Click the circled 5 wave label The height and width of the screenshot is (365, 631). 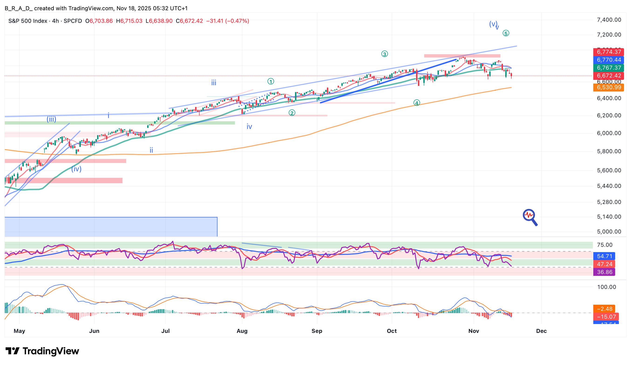pos(505,33)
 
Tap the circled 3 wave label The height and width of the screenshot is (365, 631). pos(384,54)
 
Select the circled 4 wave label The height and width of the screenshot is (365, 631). pos(416,103)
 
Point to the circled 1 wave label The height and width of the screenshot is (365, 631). pos(271,81)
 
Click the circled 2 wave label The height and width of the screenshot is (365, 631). pos(292,113)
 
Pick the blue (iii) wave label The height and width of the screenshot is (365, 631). pos(51,119)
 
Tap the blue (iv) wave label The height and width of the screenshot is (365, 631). pos(76,169)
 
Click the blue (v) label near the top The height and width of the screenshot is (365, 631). pos(493,24)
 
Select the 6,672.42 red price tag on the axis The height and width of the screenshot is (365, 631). pos(609,76)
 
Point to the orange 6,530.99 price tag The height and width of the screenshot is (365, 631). pos(609,87)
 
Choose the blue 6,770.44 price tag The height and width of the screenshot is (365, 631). pos(609,60)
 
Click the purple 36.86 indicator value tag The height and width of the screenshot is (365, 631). pos(604,272)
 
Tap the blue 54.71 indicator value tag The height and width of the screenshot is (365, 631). pos(604,256)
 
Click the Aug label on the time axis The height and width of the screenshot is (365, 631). pos(242,331)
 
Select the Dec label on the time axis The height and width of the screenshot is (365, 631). pos(541,331)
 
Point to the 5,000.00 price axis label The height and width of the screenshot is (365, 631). pos(609,232)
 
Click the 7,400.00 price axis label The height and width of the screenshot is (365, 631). pos(609,20)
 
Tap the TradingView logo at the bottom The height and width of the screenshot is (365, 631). pos(42,351)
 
